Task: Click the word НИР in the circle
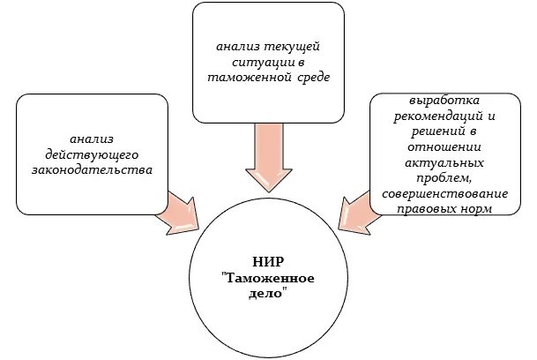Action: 267,260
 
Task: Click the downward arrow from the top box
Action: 268,157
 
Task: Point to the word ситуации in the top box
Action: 259,62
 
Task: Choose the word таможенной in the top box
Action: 248,78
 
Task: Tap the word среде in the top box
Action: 310,78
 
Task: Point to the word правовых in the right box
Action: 427,209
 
